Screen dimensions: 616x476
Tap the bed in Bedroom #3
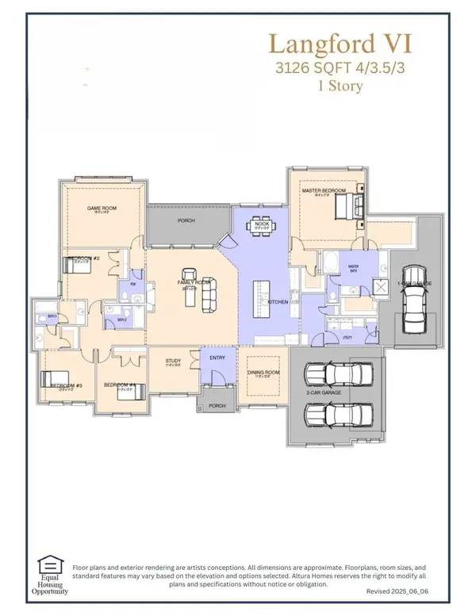[x=57, y=385]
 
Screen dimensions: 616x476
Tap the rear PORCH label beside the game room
[x=186, y=220]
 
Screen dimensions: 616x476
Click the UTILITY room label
[x=347, y=337]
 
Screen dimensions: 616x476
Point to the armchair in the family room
[x=190, y=274]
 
